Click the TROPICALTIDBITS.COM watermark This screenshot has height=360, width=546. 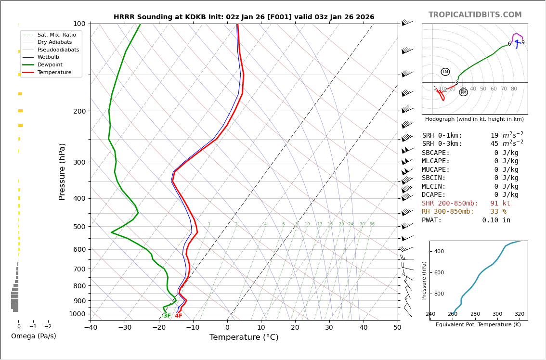[x=475, y=15]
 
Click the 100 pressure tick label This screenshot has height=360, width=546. [x=79, y=24]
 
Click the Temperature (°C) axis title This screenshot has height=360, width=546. [x=244, y=337]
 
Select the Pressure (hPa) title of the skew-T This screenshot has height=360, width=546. [x=62, y=171]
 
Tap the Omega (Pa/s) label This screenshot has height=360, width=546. [x=33, y=336]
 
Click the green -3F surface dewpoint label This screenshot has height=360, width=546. [x=166, y=316]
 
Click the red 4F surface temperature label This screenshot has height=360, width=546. [x=178, y=316]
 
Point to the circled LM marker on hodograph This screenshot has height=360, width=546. [x=445, y=72]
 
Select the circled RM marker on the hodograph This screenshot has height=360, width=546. [x=463, y=92]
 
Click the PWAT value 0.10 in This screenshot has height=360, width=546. [x=496, y=220]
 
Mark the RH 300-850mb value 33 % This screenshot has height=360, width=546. [x=498, y=212]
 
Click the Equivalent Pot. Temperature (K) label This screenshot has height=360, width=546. [x=478, y=325]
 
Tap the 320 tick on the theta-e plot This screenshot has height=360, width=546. [x=519, y=314]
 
